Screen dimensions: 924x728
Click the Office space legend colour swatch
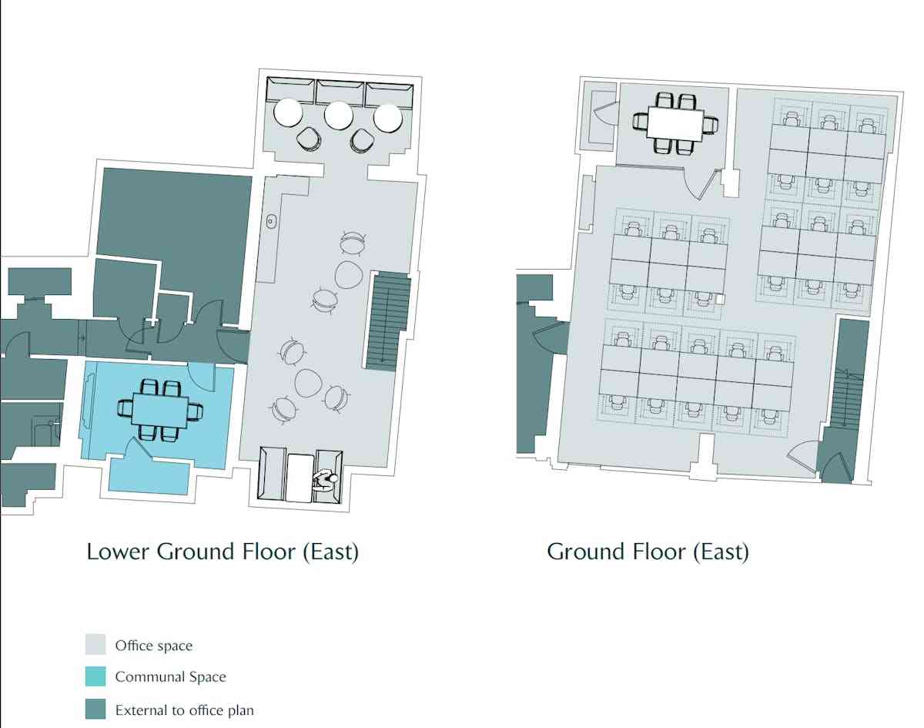pos(95,645)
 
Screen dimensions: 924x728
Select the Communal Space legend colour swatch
pos(95,676)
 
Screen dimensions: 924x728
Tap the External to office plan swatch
pos(95,709)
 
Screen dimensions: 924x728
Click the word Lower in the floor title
pos(118,552)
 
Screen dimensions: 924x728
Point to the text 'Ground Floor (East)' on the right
pos(648,552)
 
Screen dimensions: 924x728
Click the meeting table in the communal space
pos(159,411)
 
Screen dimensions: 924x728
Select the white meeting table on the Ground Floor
pos(675,123)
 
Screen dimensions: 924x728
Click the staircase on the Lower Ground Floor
pos(389,320)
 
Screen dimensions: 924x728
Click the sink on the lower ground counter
pos(270,221)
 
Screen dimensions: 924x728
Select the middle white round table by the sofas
pos(338,116)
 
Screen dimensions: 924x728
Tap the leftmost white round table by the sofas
pos(289,112)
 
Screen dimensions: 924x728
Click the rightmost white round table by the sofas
pos(388,117)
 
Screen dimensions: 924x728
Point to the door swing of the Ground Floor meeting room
pos(700,185)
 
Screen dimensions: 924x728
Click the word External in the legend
pos(140,710)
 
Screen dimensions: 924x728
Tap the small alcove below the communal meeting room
pos(149,476)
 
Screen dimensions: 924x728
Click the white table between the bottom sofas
pos(300,477)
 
